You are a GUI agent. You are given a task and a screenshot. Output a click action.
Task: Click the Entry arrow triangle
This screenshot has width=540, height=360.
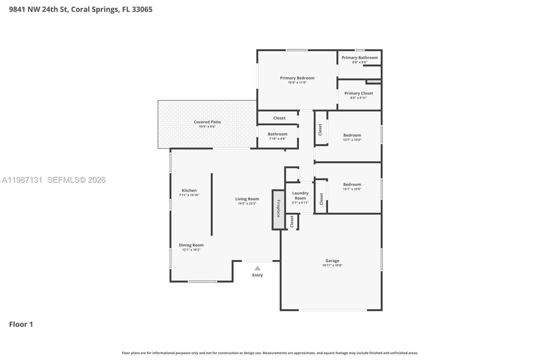pyautogui.click(x=258, y=268)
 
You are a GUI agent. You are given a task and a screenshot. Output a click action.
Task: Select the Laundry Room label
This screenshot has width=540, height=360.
pyautogui.click(x=300, y=196)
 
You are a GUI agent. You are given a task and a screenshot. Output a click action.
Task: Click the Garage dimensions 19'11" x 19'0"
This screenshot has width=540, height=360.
pyautogui.click(x=332, y=265)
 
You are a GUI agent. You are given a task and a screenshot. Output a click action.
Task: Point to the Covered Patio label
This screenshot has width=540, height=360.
pyautogui.click(x=207, y=122)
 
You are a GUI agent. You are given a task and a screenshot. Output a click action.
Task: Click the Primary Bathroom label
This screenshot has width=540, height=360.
pyautogui.click(x=359, y=57)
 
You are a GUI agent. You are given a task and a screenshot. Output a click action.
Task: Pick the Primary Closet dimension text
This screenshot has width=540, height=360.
pyautogui.click(x=358, y=98)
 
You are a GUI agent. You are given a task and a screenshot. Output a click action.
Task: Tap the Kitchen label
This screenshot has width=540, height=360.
pyautogui.click(x=189, y=190)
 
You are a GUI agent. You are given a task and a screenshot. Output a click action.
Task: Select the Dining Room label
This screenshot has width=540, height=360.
pyautogui.click(x=191, y=245)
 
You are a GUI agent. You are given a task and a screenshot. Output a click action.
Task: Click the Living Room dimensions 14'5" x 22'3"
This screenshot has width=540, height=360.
pyautogui.click(x=247, y=204)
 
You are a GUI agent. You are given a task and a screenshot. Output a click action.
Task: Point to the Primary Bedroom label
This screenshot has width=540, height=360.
pyautogui.click(x=297, y=78)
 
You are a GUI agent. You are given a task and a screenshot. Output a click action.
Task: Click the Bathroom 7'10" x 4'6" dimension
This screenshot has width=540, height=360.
pyautogui.click(x=277, y=139)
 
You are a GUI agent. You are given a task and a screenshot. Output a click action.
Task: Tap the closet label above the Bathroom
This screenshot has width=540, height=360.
pyautogui.click(x=279, y=118)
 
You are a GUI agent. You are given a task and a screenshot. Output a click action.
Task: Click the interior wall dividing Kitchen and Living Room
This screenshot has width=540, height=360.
pyautogui.click(x=212, y=204)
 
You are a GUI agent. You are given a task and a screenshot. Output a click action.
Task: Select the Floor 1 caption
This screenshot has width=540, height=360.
pyautogui.click(x=21, y=324)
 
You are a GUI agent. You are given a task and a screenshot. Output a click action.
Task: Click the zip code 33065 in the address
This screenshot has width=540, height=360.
pyautogui.click(x=142, y=9)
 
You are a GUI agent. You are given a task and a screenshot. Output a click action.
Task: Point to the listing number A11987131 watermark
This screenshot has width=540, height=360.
pyautogui.click(x=22, y=180)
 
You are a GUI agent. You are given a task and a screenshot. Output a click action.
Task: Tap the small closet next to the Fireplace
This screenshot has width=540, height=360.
pyautogui.click(x=292, y=222)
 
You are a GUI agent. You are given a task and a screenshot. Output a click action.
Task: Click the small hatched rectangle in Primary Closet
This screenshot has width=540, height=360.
pyautogui.click(x=374, y=81)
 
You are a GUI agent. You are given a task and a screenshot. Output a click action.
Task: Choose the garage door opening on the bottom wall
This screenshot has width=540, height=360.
pyautogui.click(x=332, y=310)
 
